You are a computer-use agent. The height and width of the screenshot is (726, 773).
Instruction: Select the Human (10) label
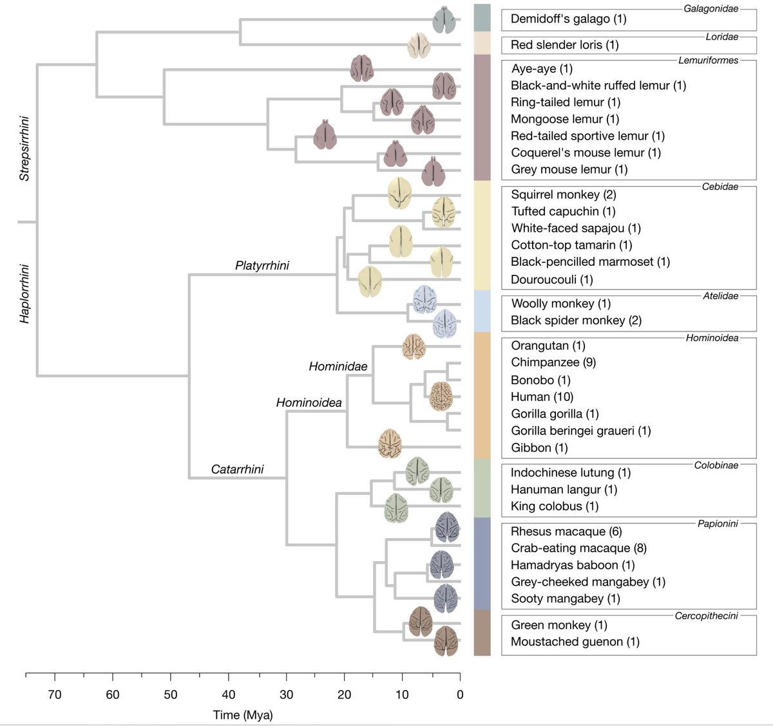(542, 397)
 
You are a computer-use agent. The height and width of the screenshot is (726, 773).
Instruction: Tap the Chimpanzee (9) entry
(553, 362)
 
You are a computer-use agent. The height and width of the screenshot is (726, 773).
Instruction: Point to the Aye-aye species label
(542, 69)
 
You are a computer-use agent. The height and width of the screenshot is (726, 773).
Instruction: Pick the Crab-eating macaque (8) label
(578, 548)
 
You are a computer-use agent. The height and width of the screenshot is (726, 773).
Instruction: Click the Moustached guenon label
(575, 642)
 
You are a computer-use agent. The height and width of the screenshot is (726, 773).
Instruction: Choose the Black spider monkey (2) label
(576, 321)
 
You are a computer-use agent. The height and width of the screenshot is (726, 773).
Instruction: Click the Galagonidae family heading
(711, 9)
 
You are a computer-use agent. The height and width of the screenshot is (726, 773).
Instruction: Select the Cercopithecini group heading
(706, 616)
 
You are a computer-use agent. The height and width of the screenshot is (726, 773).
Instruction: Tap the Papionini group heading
(718, 524)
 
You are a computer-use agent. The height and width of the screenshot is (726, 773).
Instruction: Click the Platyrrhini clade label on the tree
(262, 266)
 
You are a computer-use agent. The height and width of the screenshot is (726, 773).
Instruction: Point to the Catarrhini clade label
(237, 469)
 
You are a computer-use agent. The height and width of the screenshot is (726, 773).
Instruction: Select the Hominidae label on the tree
(338, 367)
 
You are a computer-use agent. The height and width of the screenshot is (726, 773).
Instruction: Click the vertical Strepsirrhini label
(24, 149)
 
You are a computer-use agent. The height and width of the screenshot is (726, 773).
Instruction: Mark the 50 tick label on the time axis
(170, 695)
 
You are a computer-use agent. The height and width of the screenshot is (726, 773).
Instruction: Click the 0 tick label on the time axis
(460, 695)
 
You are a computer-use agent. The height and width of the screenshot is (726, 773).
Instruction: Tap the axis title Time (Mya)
(243, 715)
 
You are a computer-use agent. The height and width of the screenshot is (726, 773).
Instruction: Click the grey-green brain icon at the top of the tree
(444, 19)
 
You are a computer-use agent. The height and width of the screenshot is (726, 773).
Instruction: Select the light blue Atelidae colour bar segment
(482, 310)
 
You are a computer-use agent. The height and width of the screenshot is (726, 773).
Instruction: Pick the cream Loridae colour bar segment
(482, 43)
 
